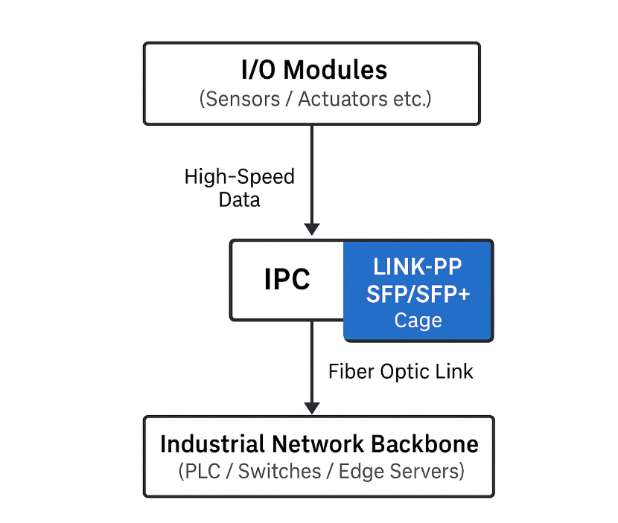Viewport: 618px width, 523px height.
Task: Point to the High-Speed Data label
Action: click(239, 188)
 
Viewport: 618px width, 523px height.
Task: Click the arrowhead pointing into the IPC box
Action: click(312, 228)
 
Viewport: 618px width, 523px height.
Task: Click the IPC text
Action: click(287, 280)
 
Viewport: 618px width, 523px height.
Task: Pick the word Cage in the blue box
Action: click(418, 320)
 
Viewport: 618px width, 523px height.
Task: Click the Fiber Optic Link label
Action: click(401, 371)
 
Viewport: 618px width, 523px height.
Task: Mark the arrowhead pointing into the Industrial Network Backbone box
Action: click(312, 408)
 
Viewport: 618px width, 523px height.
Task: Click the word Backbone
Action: click(427, 445)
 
